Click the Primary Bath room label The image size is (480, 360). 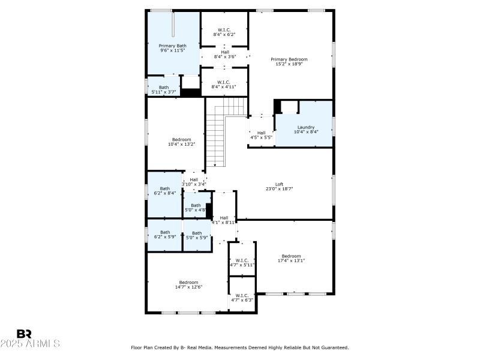tap(173, 48)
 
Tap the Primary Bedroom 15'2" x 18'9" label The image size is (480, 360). tap(289, 62)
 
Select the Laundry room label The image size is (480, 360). tap(305, 130)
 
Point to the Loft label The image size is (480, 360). tap(279, 187)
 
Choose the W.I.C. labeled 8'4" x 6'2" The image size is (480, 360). tap(224, 32)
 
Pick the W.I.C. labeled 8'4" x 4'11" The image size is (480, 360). tap(224, 85)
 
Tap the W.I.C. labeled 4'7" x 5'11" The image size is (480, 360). tap(242, 262)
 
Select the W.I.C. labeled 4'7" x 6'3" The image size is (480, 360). tap(242, 298)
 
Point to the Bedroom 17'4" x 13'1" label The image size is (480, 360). tap(292, 258)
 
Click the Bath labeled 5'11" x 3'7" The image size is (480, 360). tap(164, 89)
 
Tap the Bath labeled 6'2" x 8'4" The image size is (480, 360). tap(165, 191)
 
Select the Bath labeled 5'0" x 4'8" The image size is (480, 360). tap(196, 208)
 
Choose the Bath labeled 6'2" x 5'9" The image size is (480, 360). tap(165, 235)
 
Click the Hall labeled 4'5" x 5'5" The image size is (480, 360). tap(261, 135)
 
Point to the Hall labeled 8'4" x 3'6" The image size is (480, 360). tap(224, 54)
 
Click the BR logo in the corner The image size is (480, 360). tap(24, 334)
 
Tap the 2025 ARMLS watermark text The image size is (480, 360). tap(30, 344)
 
